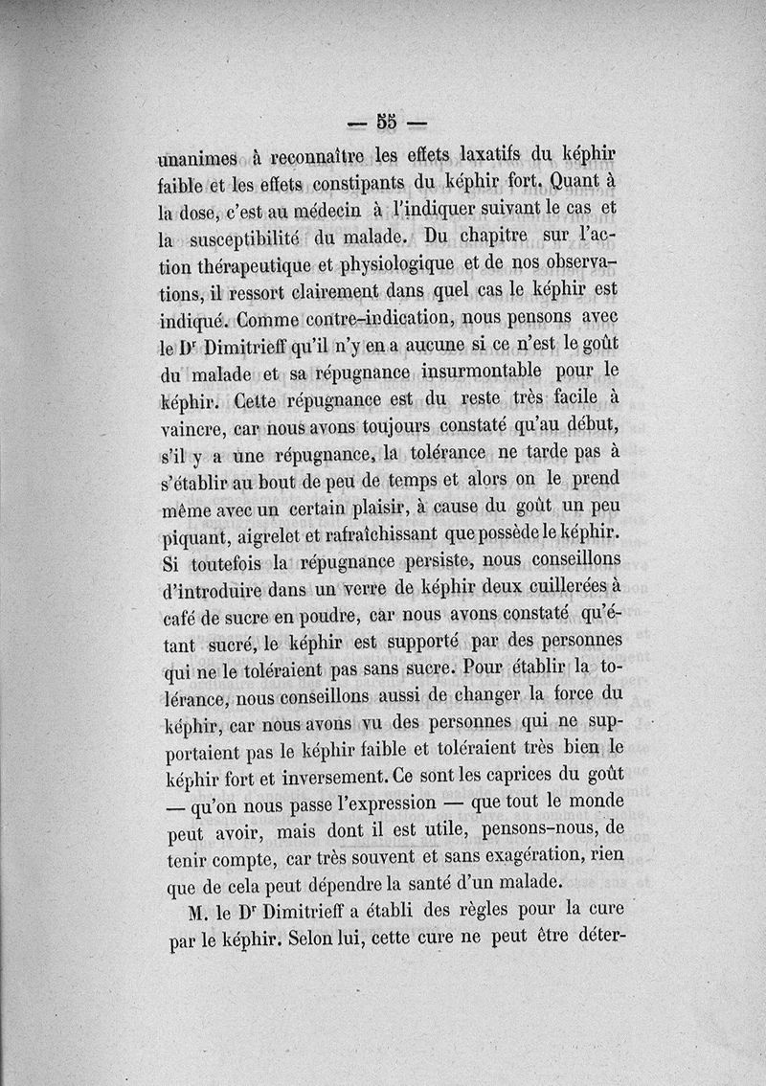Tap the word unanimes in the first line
tap(200, 156)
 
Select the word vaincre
tap(191, 422)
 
